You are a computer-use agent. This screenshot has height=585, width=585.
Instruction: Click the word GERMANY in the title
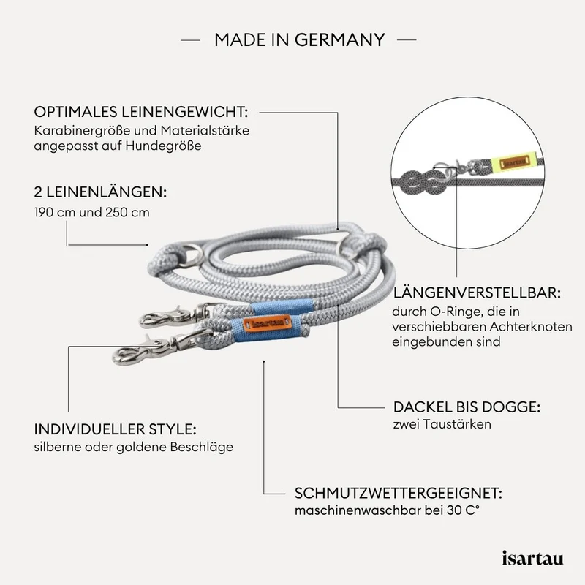click(x=340, y=40)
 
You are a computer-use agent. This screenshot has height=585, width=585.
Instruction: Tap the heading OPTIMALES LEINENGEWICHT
click(x=141, y=112)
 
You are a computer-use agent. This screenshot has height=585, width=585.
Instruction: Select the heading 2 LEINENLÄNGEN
click(x=100, y=192)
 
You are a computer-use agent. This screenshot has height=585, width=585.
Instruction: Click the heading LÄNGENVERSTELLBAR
click(x=477, y=293)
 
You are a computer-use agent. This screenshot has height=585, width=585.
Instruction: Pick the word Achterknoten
click(x=531, y=326)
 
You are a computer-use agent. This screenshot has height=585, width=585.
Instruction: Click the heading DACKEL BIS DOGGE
click(x=467, y=407)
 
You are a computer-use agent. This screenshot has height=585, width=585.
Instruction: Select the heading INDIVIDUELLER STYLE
click(x=116, y=429)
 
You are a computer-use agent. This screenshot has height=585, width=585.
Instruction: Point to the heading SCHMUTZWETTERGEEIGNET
click(x=399, y=493)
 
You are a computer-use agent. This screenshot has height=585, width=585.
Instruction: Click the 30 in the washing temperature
click(x=454, y=510)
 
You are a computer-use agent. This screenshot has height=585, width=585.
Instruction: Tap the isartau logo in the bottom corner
click(x=532, y=558)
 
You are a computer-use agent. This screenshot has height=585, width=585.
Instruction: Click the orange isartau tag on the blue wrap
click(x=266, y=323)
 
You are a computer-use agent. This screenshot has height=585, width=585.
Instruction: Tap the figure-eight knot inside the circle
click(x=422, y=182)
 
